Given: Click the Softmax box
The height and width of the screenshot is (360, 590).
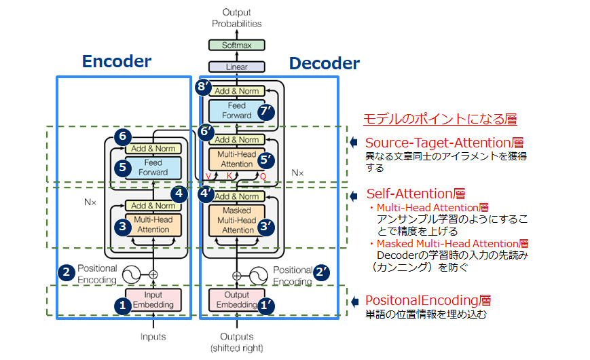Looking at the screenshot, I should point(236,46).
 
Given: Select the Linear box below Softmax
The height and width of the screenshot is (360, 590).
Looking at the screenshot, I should point(236,67).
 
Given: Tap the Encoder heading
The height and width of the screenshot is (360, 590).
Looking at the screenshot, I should point(117,62).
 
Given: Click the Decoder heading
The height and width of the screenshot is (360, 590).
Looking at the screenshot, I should point(324,64).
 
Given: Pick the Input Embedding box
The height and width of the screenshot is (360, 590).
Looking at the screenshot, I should point(153,300).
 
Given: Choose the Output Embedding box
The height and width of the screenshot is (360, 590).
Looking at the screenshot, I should point(236,300).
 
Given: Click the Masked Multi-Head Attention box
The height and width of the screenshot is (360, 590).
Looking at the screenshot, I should point(236,220).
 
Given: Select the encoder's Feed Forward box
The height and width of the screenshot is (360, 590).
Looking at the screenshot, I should point(153,168).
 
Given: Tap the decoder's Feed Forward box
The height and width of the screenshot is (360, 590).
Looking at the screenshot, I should point(236,111).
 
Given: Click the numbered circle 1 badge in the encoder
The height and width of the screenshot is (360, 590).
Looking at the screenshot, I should point(123,306).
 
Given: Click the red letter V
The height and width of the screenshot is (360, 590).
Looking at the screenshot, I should point(208,176).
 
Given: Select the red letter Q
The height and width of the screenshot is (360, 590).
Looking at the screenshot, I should point(263,176).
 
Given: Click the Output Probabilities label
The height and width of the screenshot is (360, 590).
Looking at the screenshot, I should point(236,18).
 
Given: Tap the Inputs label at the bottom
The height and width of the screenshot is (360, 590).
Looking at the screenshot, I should point(153,337).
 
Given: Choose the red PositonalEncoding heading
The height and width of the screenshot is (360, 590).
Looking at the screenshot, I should point(428,300).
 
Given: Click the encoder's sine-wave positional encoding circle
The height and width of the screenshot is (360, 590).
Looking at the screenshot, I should point(129,275).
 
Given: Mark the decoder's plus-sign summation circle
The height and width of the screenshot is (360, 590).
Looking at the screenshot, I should point(236,276).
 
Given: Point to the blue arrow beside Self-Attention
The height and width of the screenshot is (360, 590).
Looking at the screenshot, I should point(354,196).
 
